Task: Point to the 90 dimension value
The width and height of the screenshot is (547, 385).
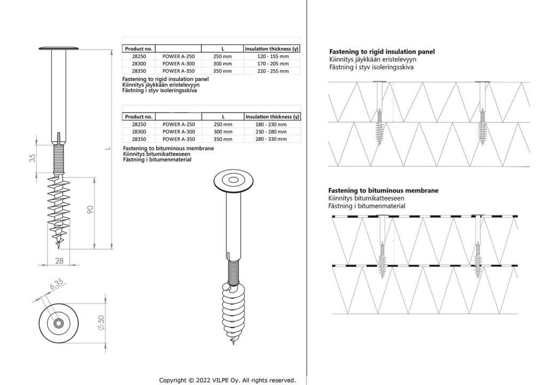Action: coord(91,210)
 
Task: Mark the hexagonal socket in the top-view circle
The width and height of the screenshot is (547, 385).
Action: coord(59,325)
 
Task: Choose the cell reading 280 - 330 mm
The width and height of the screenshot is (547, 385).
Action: coord(272,139)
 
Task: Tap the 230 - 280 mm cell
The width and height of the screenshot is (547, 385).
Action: coord(272,132)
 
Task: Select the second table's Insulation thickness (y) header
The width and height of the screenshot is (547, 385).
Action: coord(272,117)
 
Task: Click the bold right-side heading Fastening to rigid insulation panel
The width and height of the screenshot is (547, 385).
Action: coord(381,52)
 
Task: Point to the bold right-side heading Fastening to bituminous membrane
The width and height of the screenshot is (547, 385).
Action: coord(384,190)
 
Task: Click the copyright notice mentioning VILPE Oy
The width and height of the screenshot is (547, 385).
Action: coord(228,380)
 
